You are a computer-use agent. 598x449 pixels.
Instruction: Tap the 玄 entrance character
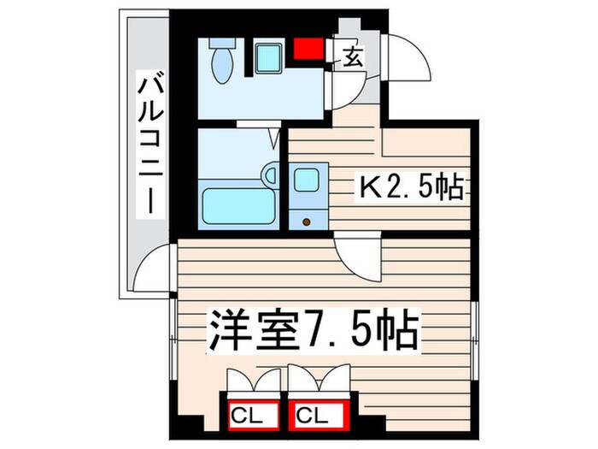[x=352, y=57]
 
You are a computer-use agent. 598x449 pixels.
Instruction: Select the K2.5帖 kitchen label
[x=412, y=186]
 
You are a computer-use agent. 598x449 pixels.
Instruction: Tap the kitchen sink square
[x=305, y=180]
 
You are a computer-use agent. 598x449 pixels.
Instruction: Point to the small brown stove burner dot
[x=306, y=222]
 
